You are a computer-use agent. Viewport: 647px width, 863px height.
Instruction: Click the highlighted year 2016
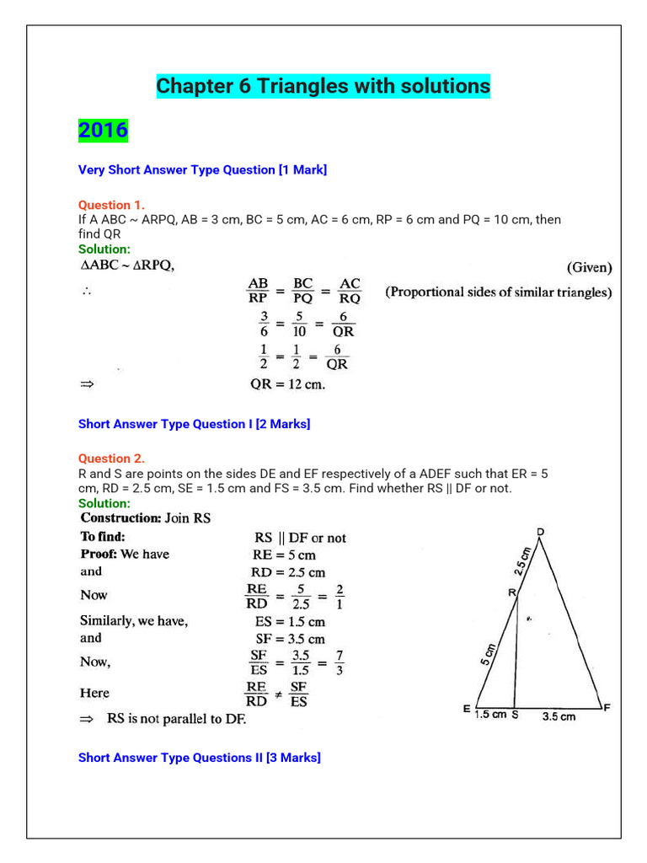103,130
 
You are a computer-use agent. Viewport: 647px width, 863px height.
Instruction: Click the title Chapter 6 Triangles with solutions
323,86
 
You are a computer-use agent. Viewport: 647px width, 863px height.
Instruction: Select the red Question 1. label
111,205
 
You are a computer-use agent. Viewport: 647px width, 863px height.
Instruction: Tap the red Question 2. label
111,458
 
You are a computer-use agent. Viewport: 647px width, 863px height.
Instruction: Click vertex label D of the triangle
540,532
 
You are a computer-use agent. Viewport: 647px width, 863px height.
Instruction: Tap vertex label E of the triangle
467,710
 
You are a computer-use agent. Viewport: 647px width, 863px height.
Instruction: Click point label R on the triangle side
511,593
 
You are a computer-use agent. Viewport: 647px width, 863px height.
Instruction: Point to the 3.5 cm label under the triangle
559,717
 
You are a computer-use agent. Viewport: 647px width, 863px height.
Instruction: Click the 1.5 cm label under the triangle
489,716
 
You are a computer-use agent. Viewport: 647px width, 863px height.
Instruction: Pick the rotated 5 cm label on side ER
489,654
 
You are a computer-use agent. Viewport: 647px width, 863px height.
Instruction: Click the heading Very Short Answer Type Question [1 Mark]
202,170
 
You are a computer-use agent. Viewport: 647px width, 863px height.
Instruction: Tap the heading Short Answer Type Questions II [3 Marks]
199,758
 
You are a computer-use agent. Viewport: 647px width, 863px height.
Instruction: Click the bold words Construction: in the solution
120,518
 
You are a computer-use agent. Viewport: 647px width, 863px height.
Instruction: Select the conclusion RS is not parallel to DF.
176,719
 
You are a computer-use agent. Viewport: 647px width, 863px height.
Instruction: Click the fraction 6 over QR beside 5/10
343,324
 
